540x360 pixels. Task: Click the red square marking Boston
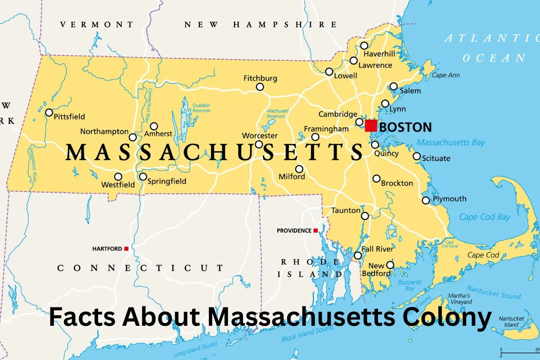[x=371, y=126]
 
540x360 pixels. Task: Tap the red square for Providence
[x=315, y=230]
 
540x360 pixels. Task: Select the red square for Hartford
[x=126, y=248]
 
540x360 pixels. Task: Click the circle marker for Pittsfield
[x=49, y=112]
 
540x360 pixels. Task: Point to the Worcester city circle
[x=259, y=144]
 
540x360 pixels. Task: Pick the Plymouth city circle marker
[x=426, y=200]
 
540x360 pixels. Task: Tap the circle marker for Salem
[x=394, y=86]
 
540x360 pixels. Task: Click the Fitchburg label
[x=260, y=78]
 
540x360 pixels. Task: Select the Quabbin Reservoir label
[x=201, y=108]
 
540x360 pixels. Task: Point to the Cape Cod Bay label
[x=485, y=217]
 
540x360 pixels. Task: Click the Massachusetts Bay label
[x=450, y=143]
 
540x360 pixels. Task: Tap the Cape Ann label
[x=445, y=75]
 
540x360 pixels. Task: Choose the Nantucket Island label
[x=512, y=321]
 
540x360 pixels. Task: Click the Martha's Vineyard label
[x=459, y=299]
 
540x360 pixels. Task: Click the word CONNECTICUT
[x=140, y=268]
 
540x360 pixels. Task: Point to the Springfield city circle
[x=143, y=176]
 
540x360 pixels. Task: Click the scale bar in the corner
[x=520, y=350]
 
